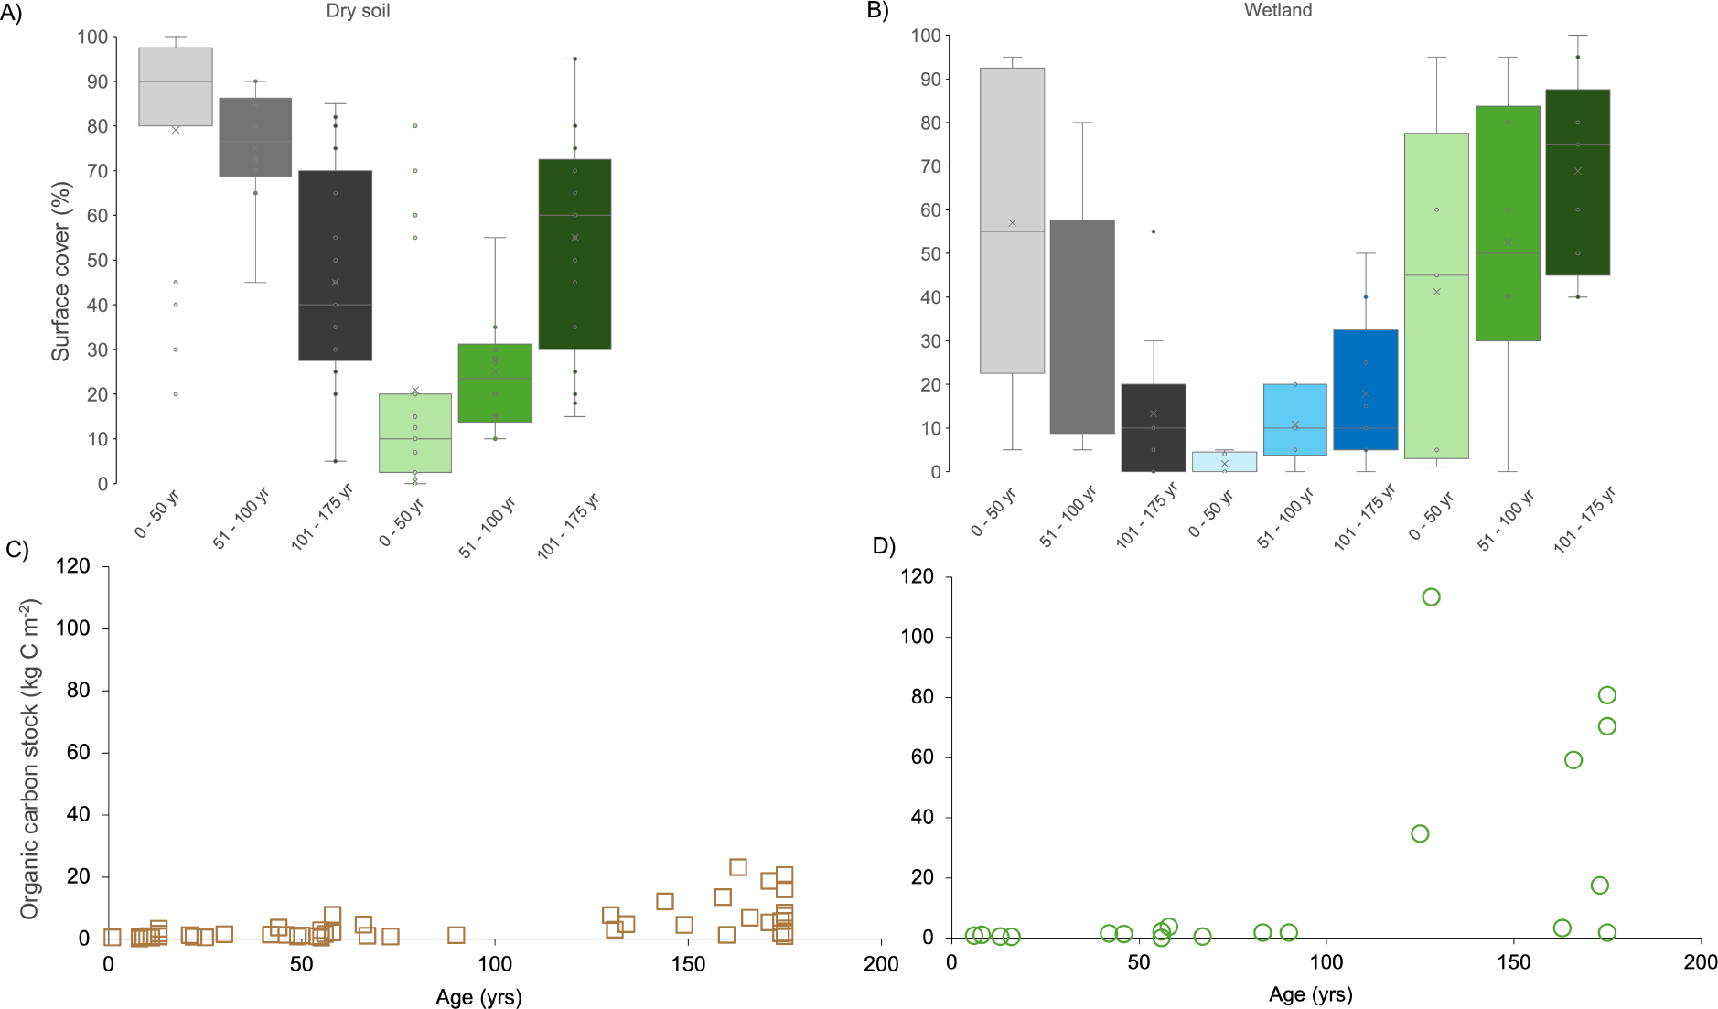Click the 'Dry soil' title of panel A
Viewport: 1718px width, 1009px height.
tap(358, 12)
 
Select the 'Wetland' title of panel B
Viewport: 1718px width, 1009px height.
tap(1277, 10)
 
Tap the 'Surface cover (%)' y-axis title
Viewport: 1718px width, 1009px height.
tap(60, 272)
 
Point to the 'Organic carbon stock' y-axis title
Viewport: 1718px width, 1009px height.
tap(30, 758)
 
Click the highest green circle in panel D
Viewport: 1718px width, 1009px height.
tap(1431, 597)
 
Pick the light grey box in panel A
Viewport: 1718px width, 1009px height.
tap(176, 87)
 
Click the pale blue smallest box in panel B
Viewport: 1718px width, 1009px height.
tap(1224, 462)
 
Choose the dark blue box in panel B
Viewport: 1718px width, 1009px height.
tap(1365, 390)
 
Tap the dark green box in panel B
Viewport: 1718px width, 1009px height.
tap(1577, 182)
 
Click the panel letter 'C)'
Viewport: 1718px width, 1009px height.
tap(17, 549)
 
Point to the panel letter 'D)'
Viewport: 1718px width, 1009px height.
tap(884, 546)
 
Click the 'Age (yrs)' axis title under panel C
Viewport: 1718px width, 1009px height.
tap(478, 997)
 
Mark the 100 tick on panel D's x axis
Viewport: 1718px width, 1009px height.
tap(1326, 962)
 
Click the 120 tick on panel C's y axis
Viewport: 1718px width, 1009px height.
tap(73, 565)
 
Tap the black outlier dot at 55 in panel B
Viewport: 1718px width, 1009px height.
tap(1153, 231)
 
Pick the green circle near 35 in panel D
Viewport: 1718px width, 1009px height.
tap(1420, 833)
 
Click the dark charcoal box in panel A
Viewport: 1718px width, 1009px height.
tap(335, 265)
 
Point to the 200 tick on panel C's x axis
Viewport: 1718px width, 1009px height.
tap(881, 964)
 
